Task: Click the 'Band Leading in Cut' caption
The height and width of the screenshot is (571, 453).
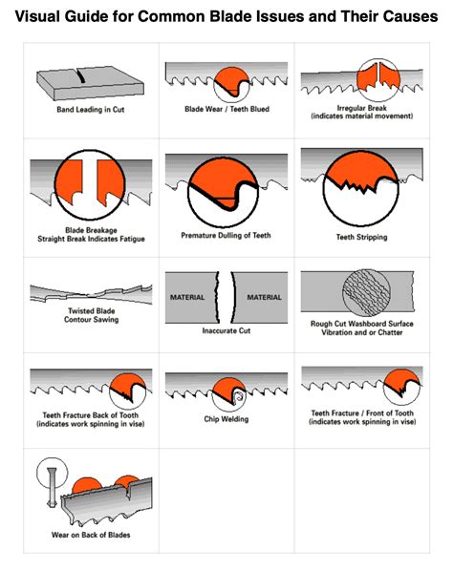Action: point(91,110)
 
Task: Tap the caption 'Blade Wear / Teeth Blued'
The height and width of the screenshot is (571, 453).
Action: point(226,109)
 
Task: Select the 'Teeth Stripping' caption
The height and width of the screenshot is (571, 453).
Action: point(361,237)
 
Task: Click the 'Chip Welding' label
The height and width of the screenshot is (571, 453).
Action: point(226,419)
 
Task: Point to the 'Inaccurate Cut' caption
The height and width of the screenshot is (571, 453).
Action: point(226,330)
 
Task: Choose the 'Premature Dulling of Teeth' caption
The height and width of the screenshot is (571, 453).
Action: point(226,235)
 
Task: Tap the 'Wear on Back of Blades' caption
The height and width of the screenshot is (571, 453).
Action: point(91,535)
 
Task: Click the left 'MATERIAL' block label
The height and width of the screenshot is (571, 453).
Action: point(187,297)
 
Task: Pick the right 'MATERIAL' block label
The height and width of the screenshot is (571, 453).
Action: point(264,297)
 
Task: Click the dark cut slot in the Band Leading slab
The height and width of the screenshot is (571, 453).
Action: point(81,76)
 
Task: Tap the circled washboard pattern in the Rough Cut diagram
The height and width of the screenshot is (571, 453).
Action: point(366,292)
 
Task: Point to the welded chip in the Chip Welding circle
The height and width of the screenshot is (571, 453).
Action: point(239,397)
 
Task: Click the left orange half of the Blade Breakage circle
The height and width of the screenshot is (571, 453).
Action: point(70,180)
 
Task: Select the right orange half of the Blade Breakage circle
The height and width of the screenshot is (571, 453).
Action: point(110,180)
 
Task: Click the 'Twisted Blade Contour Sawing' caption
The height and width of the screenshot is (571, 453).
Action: point(91,315)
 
